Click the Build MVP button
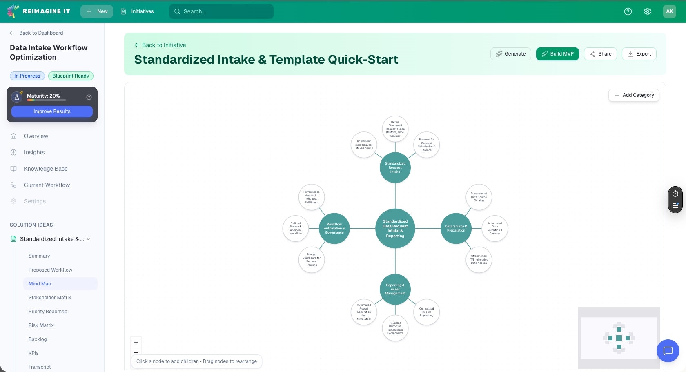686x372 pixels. [x=557, y=54]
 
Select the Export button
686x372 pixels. [x=639, y=54]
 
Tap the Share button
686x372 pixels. [x=600, y=54]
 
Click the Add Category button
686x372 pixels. [x=633, y=95]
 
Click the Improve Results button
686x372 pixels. [x=52, y=111]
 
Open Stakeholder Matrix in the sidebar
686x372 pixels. [x=50, y=298]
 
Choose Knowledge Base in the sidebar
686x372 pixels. [x=46, y=169]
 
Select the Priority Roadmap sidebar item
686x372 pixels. [x=48, y=312]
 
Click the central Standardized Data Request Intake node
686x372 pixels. [x=395, y=229]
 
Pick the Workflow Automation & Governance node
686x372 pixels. [x=334, y=229]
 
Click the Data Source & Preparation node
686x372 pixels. [x=456, y=229]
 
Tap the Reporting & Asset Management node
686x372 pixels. [x=395, y=290]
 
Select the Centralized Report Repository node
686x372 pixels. [x=426, y=312]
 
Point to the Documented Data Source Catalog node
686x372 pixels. [x=479, y=197]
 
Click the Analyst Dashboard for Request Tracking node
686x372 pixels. [x=312, y=260]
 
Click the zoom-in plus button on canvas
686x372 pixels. [x=136, y=342]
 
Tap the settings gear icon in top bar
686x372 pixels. [x=647, y=11]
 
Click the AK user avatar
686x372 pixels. [x=669, y=11]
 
